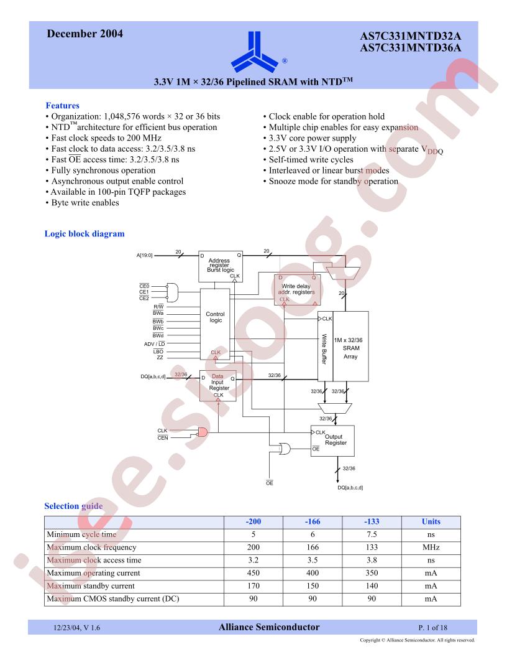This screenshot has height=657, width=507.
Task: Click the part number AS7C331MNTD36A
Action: (x=410, y=48)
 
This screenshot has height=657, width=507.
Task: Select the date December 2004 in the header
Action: (x=85, y=34)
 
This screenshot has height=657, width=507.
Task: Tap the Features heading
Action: (x=62, y=105)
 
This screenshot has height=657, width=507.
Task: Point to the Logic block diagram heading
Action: (x=84, y=233)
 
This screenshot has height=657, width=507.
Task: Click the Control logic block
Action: (x=215, y=324)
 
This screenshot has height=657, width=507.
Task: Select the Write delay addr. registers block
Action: (x=297, y=289)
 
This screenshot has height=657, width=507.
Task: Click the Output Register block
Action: (x=332, y=440)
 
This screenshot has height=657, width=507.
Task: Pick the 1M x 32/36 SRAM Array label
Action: (x=350, y=348)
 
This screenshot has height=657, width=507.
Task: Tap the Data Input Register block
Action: (x=217, y=386)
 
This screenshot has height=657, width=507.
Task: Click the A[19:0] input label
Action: (x=145, y=254)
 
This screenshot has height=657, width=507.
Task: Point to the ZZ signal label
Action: (x=160, y=357)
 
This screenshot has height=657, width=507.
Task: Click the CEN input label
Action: (x=163, y=438)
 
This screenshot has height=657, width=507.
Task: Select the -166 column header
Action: (x=313, y=521)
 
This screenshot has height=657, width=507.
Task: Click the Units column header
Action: (x=431, y=521)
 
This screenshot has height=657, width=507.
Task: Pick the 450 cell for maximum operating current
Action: (x=253, y=573)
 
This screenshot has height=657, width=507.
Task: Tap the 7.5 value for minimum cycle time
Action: (x=372, y=534)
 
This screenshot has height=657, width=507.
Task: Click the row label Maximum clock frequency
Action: (x=91, y=547)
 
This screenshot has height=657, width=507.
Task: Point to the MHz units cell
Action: (x=431, y=547)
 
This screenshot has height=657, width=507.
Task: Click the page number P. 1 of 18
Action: (x=432, y=628)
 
